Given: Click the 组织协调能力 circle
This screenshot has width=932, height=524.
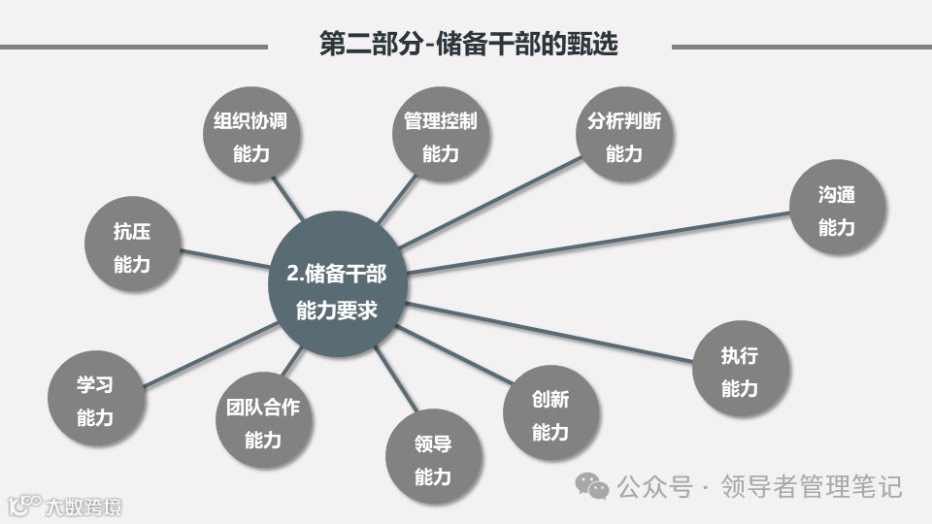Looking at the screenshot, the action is tap(250, 137).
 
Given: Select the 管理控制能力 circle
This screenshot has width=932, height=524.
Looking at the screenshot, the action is tap(440, 137).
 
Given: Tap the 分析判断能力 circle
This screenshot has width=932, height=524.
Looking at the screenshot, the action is tap(623, 137).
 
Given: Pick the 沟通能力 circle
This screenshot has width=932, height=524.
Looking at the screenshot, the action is tap(836, 211).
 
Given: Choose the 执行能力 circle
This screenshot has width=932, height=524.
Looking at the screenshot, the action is tap(740, 372).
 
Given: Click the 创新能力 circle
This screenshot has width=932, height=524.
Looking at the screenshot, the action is tap(550, 415).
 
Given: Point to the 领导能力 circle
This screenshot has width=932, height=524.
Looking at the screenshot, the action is tap(433, 461).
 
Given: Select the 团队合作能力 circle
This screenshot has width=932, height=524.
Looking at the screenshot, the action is tap(257, 423).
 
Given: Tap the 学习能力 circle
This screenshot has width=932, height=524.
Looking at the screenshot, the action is tap(95, 401).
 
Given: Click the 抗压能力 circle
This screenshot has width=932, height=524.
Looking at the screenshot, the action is tap(132, 247).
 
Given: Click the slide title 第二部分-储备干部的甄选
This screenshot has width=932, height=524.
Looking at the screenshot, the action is tap(469, 45).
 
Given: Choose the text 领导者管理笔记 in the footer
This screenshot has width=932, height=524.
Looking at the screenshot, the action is tap(811, 485).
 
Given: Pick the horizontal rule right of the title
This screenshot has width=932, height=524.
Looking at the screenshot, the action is tap(801, 46).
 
